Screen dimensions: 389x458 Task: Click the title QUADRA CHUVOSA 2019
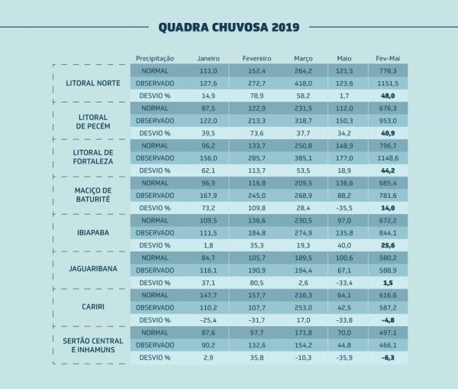tap(229, 27)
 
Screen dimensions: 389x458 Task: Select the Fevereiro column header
tap(256, 58)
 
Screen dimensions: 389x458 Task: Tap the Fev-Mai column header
tap(388, 58)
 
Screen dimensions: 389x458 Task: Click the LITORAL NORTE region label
tap(93, 83)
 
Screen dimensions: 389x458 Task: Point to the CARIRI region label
tap(93, 307)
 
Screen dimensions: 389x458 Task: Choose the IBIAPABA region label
tap(93, 232)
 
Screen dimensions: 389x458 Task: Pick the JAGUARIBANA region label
tap(93, 270)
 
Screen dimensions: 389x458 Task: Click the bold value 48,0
tap(388, 96)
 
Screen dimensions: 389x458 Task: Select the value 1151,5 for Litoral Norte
tap(388, 83)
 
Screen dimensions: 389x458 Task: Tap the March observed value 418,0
tap(303, 83)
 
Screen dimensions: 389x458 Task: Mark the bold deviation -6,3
tap(388, 358)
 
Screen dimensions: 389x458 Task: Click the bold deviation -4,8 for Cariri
tap(388, 320)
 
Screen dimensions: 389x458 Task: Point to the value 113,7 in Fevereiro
tap(256, 170)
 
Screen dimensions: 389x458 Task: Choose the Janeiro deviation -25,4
tap(208, 320)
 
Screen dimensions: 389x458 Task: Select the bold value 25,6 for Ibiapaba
tap(388, 245)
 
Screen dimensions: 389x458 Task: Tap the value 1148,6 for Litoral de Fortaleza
tap(388, 157)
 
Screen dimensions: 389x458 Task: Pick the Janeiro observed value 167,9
tap(208, 195)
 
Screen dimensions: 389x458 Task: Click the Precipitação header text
tap(155, 58)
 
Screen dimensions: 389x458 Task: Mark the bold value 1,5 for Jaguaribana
tap(388, 283)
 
